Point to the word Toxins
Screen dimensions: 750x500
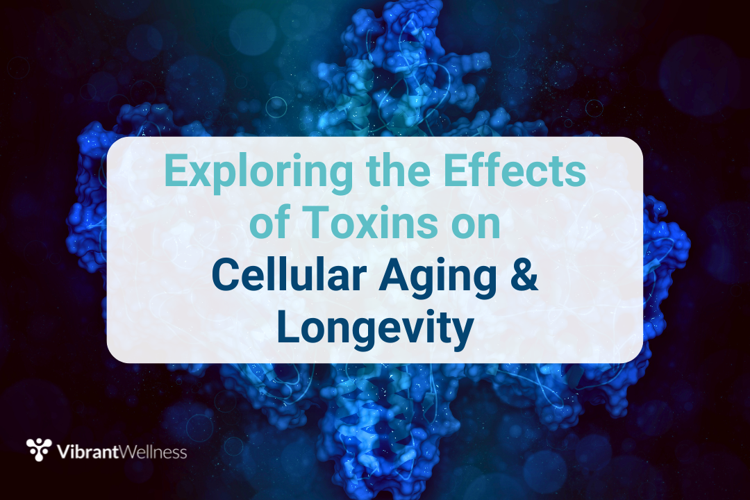pyautogui.click(x=371, y=223)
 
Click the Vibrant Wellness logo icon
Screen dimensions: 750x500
pyautogui.click(x=39, y=449)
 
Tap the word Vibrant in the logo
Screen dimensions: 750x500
pyautogui.click(x=87, y=451)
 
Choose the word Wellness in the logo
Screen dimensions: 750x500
pyautogui.click(x=153, y=451)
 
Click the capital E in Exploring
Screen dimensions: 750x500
pyautogui.click(x=176, y=171)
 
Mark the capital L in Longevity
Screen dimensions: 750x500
pyautogui.click(x=289, y=327)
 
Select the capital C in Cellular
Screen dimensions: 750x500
pyautogui.click(x=225, y=275)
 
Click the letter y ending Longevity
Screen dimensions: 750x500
pyautogui.click(x=461, y=335)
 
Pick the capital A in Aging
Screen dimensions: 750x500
pyautogui.click(x=394, y=275)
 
